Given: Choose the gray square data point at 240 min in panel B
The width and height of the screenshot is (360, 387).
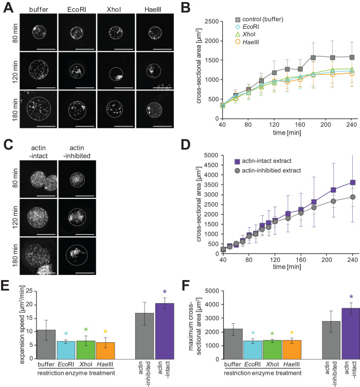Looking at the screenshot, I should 351,57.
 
